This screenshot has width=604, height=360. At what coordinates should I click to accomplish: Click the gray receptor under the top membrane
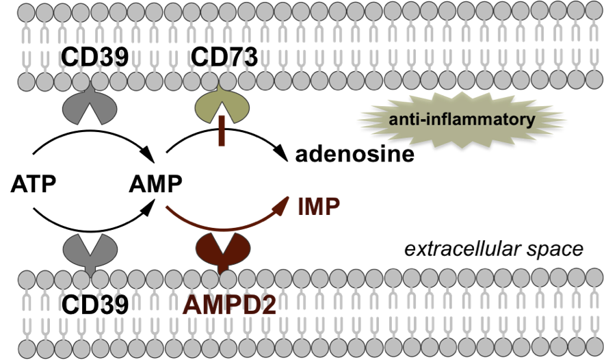[x=90, y=108]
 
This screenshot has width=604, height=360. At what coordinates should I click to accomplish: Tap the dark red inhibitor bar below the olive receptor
[x=221, y=131]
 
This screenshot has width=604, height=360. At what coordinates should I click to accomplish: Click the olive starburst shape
[x=462, y=120]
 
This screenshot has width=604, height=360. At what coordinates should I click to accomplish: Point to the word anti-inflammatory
[x=462, y=120]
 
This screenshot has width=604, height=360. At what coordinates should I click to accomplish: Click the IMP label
[x=318, y=207]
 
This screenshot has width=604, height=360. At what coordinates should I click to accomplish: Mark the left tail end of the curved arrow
[x=167, y=206]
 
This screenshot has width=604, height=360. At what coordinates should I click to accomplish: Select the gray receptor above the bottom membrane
[x=90, y=250]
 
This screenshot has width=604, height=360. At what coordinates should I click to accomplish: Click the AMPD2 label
[x=229, y=305]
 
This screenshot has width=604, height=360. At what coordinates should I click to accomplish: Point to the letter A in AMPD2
[x=192, y=305]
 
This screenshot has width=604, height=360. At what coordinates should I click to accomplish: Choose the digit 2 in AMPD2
[x=267, y=305]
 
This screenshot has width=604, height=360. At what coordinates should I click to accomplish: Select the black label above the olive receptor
[x=222, y=60]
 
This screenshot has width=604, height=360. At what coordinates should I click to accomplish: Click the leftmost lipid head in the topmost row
[x=27, y=12]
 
